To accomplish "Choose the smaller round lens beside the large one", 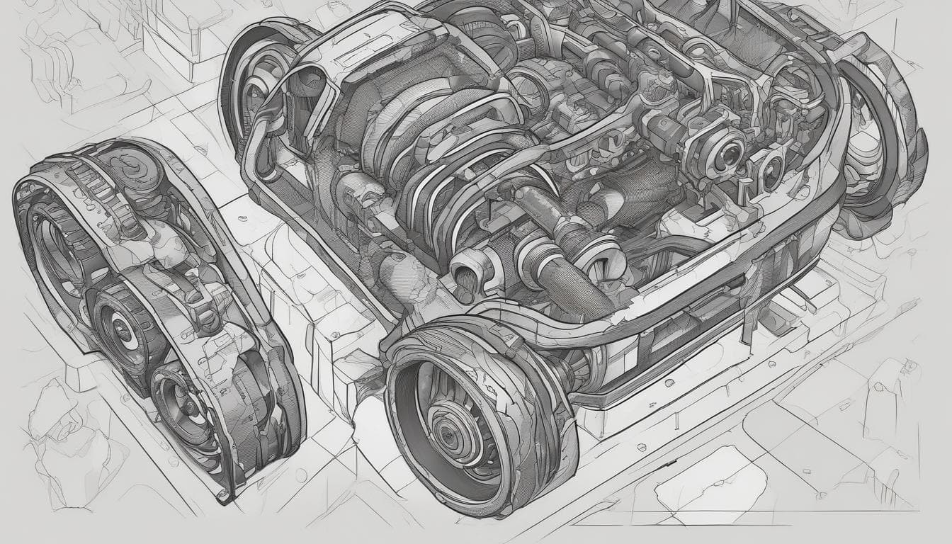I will point(770,171).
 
